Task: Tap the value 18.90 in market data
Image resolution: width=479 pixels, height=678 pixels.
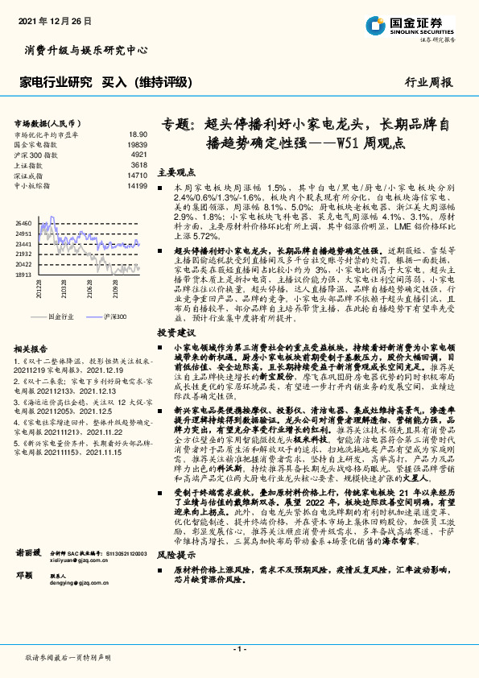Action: pyautogui.click(x=138, y=134)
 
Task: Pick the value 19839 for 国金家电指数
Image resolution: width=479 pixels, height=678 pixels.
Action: pyautogui.click(x=137, y=144)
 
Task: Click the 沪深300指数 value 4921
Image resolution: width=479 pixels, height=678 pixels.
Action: pyautogui.click(x=138, y=154)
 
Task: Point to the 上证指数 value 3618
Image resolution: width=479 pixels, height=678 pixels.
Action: pyautogui.click(x=138, y=164)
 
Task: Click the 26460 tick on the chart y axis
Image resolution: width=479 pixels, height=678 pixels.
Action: pyautogui.click(x=23, y=222)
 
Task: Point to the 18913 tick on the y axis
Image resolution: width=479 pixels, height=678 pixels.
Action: pyautogui.click(x=23, y=274)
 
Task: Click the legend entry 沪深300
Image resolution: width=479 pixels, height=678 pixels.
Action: pyautogui.click(x=116, y=317)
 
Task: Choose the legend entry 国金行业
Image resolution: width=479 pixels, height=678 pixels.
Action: pyautogui.click(x=61, y=317)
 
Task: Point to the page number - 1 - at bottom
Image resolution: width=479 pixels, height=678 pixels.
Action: pyautogui.click(x=239, y=648)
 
